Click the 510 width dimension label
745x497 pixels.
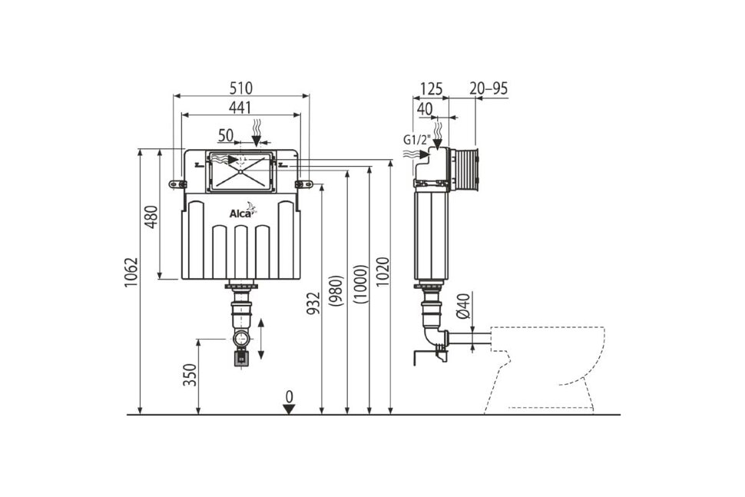tap(241, 88)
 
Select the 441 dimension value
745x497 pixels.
tap(240, 108)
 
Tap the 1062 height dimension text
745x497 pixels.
tap(131, 272)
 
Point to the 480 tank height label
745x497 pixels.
tap(151, 217)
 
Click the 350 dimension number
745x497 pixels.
tap(190, 375)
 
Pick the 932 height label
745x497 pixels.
tap(313, 303)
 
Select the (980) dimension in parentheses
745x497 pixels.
tap(336, 290)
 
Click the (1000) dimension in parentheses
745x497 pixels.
tap(360, 283)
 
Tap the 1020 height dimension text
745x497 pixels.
tap(382, 272)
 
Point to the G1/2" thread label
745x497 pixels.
tap(416, 140)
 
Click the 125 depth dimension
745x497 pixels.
tap(431, 88)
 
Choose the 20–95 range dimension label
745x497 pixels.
tap(488, 88)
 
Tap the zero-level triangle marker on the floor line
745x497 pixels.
tap(289, 409)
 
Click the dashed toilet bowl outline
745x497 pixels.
tap(546, 369)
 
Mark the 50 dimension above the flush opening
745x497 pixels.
tap(226, 135)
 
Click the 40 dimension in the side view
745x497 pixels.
tap(425, 109)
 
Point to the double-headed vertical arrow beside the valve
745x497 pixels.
tap(260, 340)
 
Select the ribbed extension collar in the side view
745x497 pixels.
tap(465, 170)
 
